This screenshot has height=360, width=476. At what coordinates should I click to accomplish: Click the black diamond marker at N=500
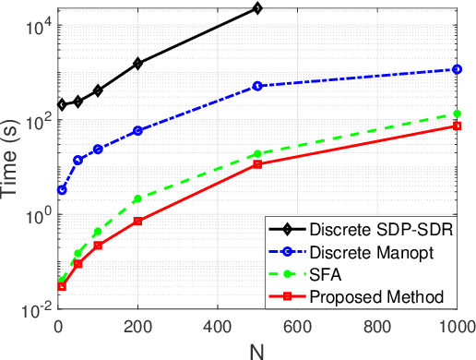(257, 8)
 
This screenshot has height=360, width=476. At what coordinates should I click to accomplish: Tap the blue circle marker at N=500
(257, 86)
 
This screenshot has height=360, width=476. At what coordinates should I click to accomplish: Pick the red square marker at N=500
(257, 164)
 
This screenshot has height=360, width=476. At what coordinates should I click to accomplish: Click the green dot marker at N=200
(137, 199)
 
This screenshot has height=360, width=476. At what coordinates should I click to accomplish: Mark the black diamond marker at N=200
(137, 64)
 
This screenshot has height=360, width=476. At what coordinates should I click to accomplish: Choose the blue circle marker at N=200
(137, 131)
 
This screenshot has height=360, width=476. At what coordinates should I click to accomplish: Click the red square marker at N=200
(137, 222)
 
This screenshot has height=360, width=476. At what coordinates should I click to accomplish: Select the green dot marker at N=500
(257, 154)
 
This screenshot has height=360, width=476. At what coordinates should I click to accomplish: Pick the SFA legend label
(324, 274)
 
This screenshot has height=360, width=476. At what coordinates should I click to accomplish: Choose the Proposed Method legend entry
(364, 296)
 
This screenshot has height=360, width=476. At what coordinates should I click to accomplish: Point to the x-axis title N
(257, 351)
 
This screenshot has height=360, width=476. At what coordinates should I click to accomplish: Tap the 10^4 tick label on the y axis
(34, 29)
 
